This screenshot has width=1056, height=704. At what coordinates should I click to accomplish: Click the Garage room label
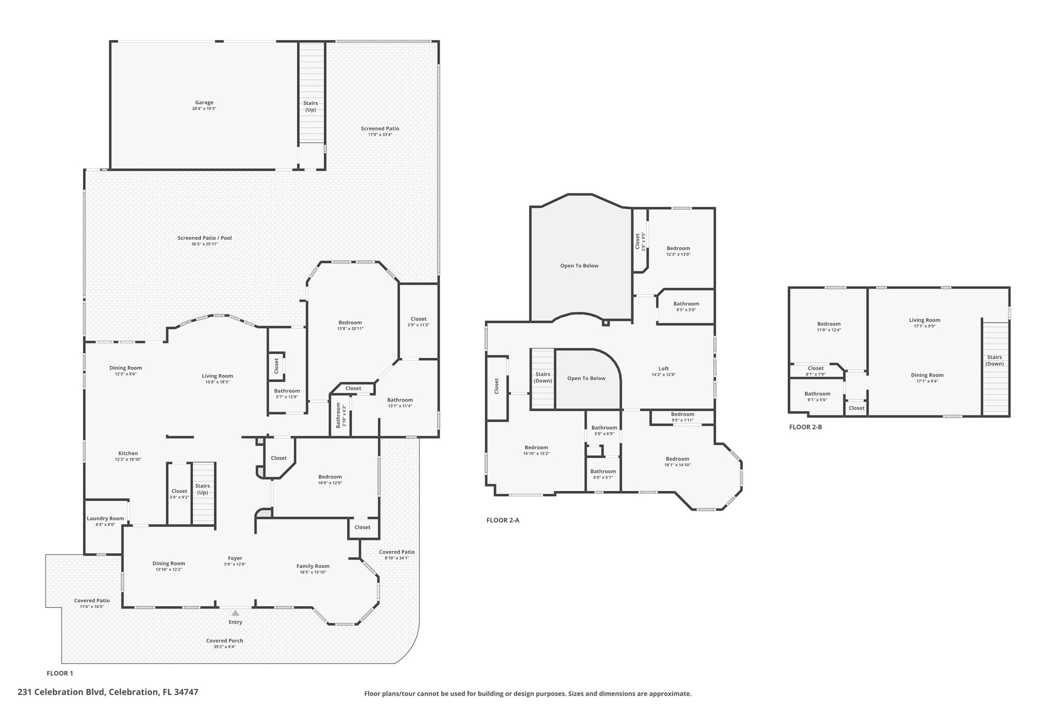[204, 103]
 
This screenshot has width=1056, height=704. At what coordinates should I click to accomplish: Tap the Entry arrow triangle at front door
[235, 613]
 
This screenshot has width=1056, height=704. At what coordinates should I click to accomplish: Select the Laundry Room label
[105, 518]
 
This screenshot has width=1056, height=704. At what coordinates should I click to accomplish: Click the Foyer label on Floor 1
[235, 558]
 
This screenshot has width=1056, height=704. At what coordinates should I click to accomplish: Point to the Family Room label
[312, 566]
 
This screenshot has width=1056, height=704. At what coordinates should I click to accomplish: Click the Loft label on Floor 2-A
[663, 368]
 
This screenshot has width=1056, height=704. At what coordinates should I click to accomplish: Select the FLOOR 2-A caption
[503, 520]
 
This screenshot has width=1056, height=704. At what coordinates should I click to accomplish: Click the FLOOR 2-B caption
[805, 427]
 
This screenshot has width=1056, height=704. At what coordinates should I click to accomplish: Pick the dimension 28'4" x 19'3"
[204, 109]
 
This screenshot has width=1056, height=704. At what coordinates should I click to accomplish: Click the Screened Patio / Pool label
[205, 238]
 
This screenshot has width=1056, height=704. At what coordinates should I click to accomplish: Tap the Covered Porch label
[224, 641]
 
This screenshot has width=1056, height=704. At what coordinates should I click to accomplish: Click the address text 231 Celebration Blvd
[61, 692]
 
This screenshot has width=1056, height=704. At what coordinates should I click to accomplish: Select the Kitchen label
[128, 453]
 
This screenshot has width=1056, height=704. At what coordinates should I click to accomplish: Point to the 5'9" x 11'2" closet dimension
[418, 325]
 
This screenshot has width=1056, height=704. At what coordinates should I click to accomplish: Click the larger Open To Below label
[579, 266]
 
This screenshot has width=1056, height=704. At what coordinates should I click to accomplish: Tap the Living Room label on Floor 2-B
[924, 320]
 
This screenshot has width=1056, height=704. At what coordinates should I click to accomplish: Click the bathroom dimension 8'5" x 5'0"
[686, 310]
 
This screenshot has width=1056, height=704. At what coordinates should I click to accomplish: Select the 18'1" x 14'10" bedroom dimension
[677, 465]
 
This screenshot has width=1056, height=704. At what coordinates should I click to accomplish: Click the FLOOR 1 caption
[60, 673]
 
